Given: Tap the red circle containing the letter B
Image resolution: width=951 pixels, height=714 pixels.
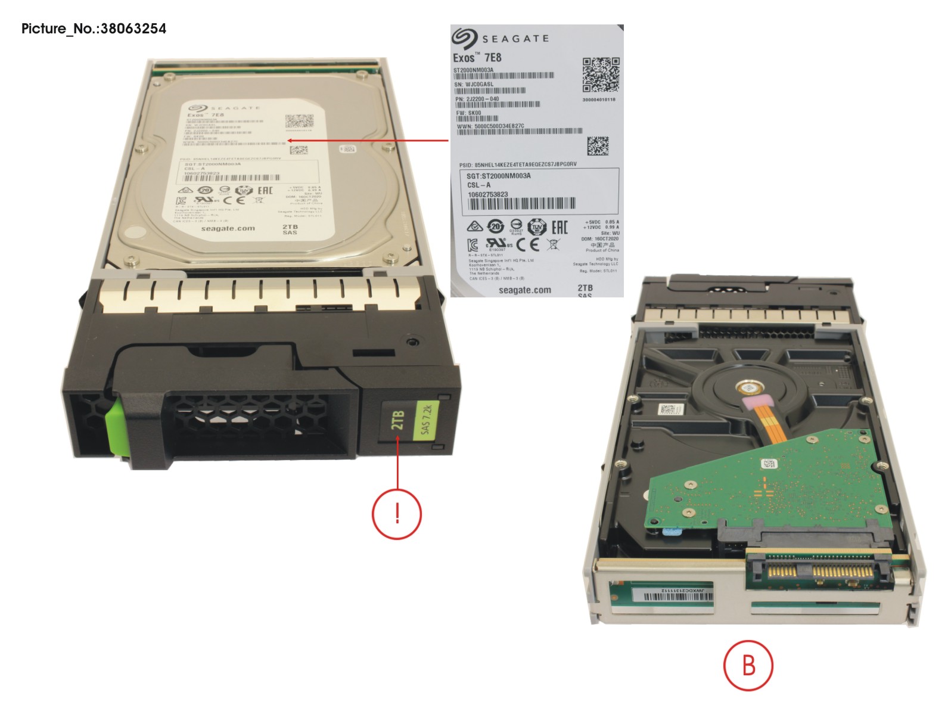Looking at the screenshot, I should coord(748,665).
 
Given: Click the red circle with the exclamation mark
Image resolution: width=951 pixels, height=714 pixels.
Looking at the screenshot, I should coord(397,513).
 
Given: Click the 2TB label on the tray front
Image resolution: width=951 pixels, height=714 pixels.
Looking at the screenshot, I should coord(397,420).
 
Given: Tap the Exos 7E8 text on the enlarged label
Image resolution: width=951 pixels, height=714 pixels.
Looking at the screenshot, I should coord(477,58).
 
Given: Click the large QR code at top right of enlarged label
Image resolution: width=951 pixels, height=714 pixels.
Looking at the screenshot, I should coord(601,74).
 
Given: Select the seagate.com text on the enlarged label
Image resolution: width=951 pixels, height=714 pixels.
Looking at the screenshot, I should coord(524,290).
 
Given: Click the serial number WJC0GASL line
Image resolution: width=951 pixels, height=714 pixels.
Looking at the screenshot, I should coord(474,85).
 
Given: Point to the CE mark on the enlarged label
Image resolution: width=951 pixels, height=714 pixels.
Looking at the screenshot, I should coord(528,244).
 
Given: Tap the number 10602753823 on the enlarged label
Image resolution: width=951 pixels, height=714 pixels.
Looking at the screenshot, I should coord(488,194).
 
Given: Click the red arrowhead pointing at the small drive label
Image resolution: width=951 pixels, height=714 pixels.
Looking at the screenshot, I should coord(290,141).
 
